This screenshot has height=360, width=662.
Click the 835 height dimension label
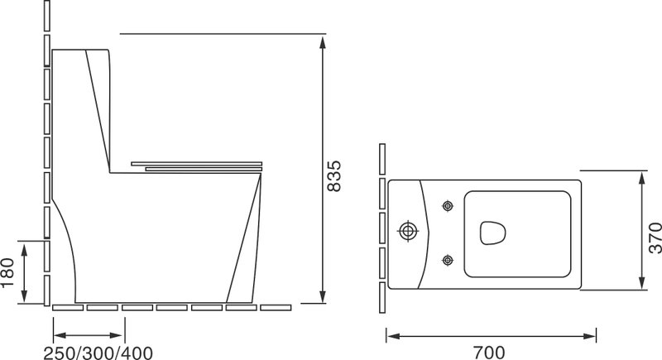click(x=334, y=175)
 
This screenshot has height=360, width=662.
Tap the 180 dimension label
click(x=7, y=272)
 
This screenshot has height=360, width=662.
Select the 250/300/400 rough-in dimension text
click(x=98, y=353)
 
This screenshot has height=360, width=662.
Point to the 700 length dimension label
click(x=488, y=353)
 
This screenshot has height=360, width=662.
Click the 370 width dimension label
click(x=655, y=238)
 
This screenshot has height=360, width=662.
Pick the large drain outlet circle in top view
click(x=408, y=231)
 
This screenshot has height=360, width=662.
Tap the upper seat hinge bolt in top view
click(x=448, y=206)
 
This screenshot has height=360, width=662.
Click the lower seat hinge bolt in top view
click(x=448, y=260)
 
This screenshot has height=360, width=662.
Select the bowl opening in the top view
click(x=492, y=233)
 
